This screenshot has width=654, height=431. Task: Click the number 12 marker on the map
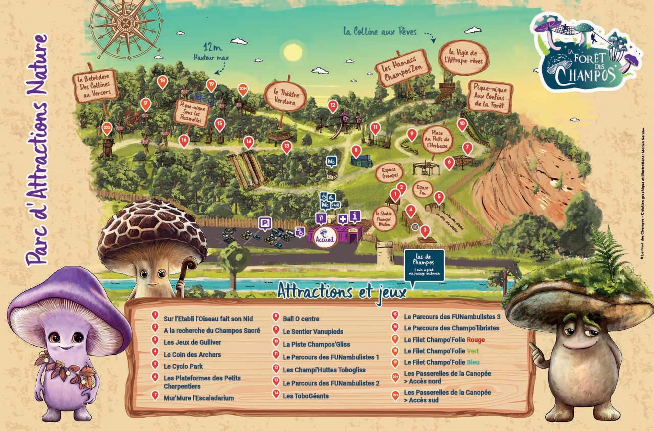pos(333,105)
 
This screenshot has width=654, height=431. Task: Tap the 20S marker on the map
pos(107,128)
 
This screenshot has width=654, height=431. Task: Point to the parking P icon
pos(265,223)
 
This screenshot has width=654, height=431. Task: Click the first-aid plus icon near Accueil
pos(342,219)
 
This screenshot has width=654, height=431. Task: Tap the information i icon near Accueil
pos(355,216)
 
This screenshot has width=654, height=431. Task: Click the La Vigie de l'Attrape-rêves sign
pos(464,57)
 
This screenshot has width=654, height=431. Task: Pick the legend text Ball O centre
pos(301,319)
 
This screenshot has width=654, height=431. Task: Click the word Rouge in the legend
pos(476,340)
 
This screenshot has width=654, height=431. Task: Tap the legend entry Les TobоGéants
pos(306,396)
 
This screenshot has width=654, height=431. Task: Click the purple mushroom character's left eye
pos(55,337)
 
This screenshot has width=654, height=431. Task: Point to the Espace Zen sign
pos(422,190)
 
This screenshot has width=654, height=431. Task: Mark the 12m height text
pos(212,47)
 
